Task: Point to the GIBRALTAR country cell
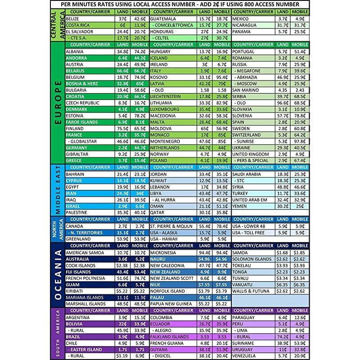pyautogui.click(x=78, y=154)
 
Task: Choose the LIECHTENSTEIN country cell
pyautogui.click(x=166, y=96)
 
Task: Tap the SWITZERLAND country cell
pyautogui.click(x=246, y=135)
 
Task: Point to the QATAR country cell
pyautogui.click(x=157, y=212)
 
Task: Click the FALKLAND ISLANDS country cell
pyautogui.click(x=169, y=337)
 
